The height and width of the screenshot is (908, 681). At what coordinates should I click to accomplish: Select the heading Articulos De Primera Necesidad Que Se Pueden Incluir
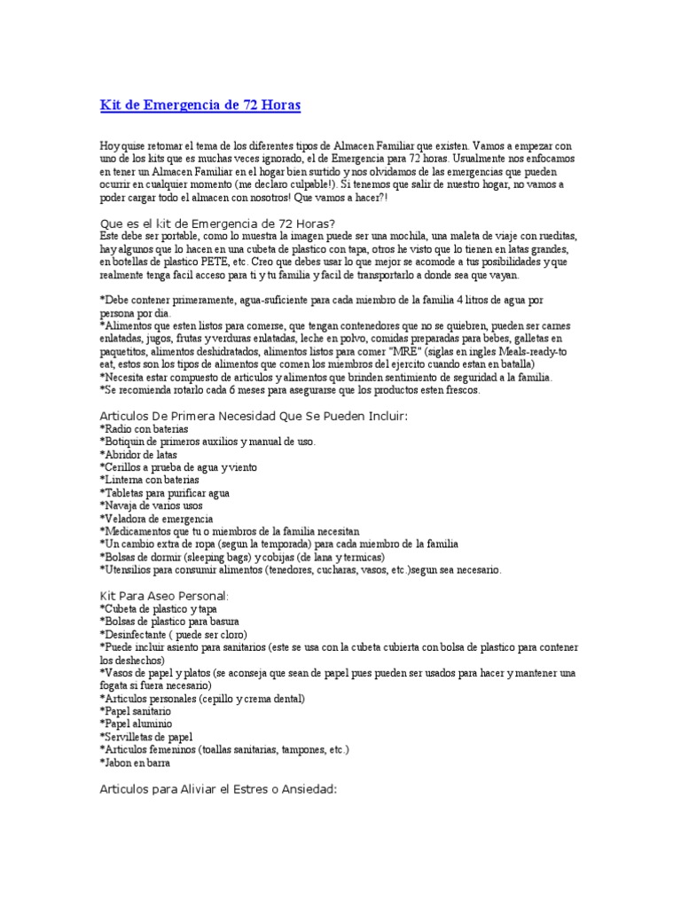[255, 415]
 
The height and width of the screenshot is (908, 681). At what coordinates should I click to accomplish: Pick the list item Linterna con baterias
[150, 480]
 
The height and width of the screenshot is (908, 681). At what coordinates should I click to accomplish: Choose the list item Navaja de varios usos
[153, 505]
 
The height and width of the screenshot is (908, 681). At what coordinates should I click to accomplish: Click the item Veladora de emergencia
[157, 519]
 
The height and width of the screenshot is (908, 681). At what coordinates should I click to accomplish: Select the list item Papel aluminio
[136, 724]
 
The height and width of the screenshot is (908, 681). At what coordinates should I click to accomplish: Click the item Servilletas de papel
[146, 738]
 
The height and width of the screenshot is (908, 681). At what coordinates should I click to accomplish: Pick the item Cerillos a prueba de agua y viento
[176, 467]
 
